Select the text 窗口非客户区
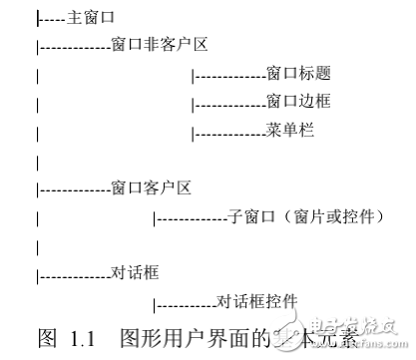pyautogui.click(x=159, y=46)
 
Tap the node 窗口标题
pyautogui.click(x=298, y=74)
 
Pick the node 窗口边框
pyautogui.click(x=298, y=102)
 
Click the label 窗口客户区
pyautogui.click(x=151, y=187)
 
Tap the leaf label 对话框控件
pyautogui.click(x=257, y=300)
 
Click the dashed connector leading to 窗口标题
pyautogui.click(x=229, y=75)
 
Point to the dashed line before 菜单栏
pyautogui.click(x=229, y=132)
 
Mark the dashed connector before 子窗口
pyautogui.click(x=191, y=216)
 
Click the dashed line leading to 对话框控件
pyautogui.click(x=185, y=301)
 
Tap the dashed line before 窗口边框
pyautogui.click(x=229, y=103)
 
